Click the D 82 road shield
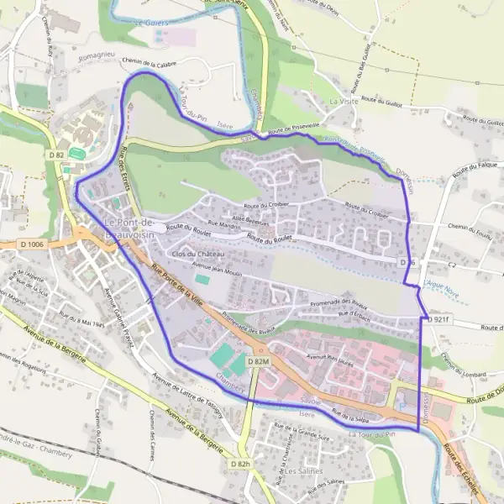(56, 155)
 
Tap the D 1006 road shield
(31, 244)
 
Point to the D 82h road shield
(241, 463)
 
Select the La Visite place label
(344, 101)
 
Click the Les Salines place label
(303, 471)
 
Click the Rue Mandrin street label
(224, 225)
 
